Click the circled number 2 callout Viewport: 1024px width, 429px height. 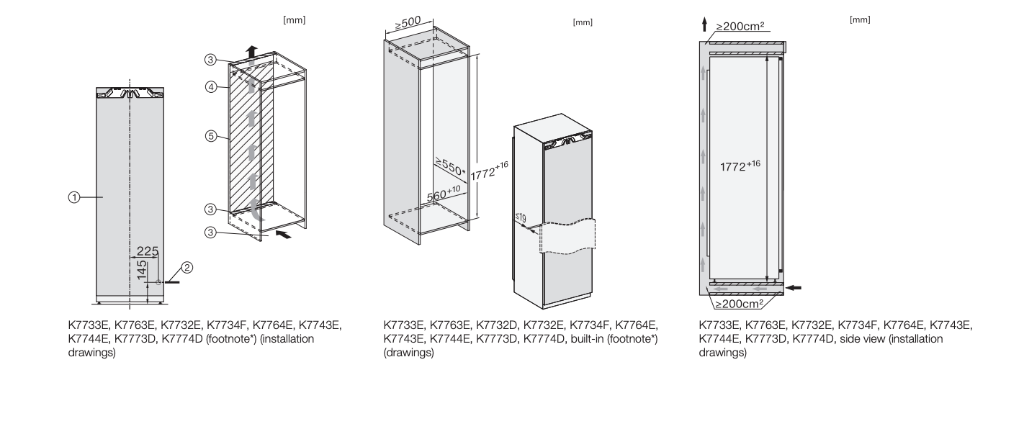point(186,268)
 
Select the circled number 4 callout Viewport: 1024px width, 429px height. point(210,86)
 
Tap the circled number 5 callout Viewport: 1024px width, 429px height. point(210,135)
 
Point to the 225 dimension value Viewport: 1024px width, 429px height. point(148,251)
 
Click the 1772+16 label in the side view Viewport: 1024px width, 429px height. point(740,165)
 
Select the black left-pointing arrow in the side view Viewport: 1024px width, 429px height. point(792,288)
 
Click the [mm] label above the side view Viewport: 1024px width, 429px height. point(860,19)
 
